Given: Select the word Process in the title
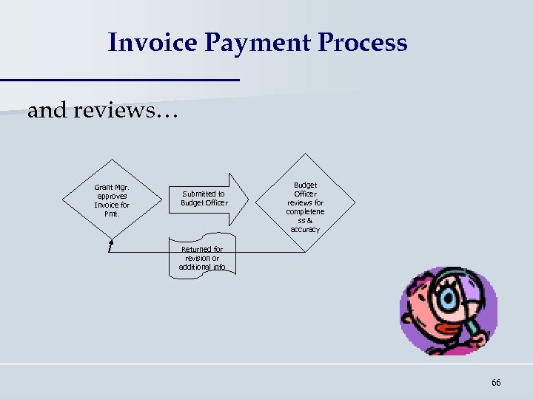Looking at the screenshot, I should pyautogui.click(x=362, y=42).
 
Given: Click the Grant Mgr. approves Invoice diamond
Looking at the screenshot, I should pyautogui.click(x=112, y=200).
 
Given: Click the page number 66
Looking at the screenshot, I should pyautogui.click(x=495, y=382).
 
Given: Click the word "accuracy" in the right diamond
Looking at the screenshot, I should pyautogui.click(x=305, y=230).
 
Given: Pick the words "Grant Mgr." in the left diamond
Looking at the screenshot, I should pyautogui.click(x=112, y=188).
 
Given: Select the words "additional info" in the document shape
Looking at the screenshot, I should pyautogui.click(x=201, y=267).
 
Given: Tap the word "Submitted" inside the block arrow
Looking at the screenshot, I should pyautogui.click(x=198, y=194).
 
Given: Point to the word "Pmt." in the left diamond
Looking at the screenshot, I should pyautogui.click(x=112, y=214).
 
